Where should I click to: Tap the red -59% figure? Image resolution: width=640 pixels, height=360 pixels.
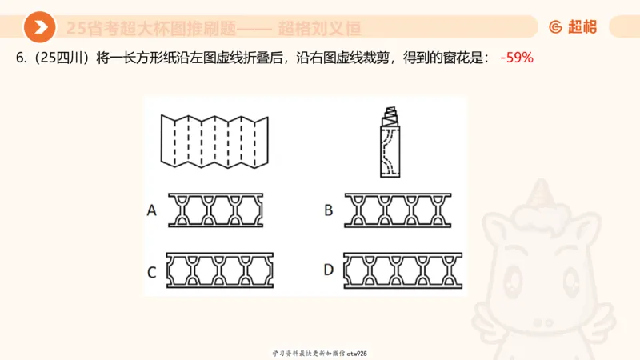pos(516,58)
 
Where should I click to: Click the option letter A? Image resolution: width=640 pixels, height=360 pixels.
pos(151,210)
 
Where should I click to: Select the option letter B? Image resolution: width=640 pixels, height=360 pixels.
pos(328,210)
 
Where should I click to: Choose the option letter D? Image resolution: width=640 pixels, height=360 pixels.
pos(328,270)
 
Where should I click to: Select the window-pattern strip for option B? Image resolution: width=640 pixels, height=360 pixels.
pos(398,210)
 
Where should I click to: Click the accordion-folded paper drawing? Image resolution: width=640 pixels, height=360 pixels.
pos(213,142)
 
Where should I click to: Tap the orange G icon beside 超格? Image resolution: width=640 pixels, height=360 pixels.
pos(555,27)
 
